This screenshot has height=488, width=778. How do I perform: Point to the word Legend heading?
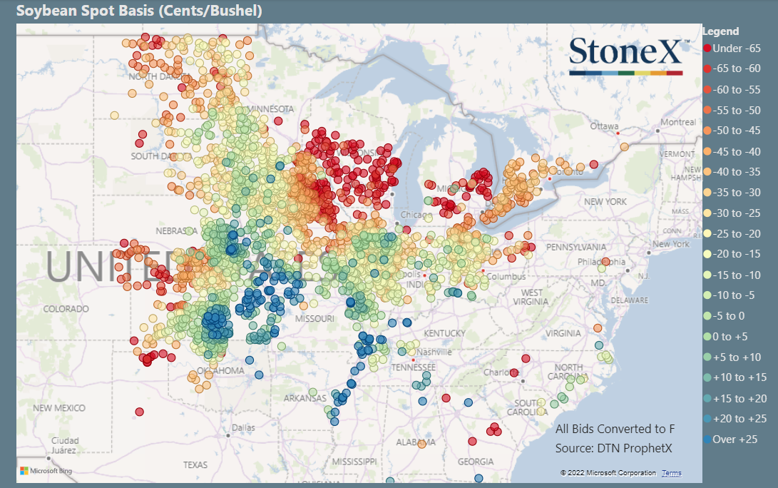(720, 31)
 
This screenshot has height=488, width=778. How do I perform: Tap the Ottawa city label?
(604, 126)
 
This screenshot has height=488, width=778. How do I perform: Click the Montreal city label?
(677, 122)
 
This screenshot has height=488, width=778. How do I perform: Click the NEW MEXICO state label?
(59, 407)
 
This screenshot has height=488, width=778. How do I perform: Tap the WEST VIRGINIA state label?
(531, 298)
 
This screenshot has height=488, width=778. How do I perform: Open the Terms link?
(671, 473)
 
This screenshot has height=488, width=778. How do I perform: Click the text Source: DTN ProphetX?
(613, 448)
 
